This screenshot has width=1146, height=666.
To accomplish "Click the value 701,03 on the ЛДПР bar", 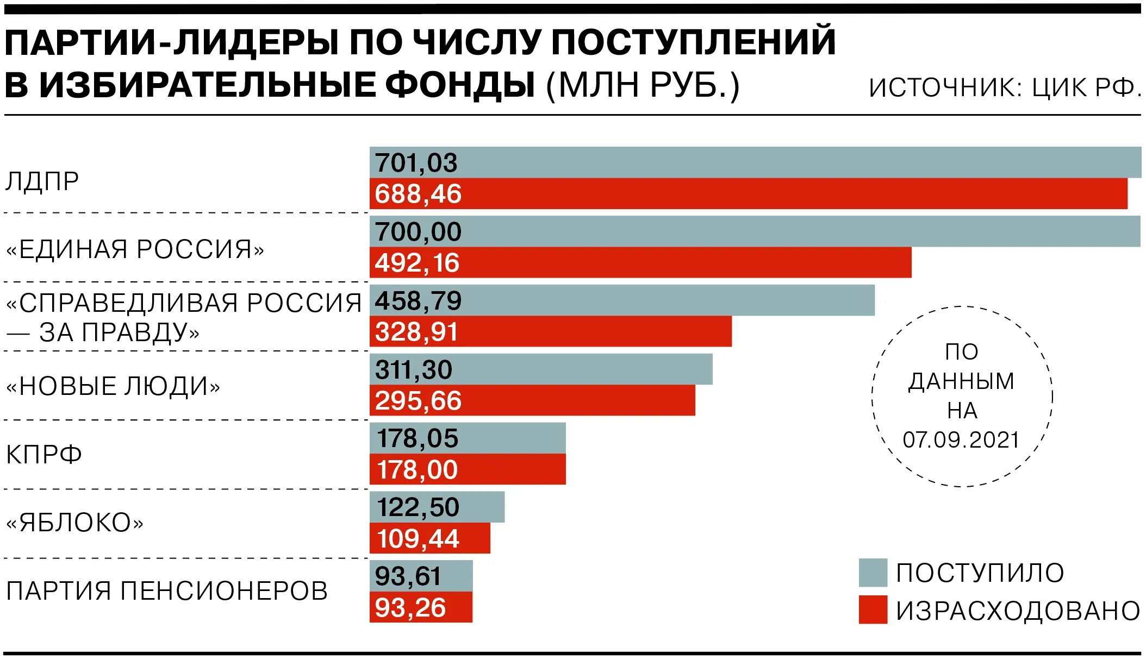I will pyautogui.click(x=416, y=163).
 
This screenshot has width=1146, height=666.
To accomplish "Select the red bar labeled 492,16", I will pyautogui.click(x=640, y=263).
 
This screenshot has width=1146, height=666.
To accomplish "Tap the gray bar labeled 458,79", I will pyautogui.click(x=622, y=300).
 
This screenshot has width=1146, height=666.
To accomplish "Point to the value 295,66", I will pyautogui.click(x=418, y=401).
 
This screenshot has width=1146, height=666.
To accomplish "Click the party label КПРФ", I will pyautogui.click(x=44, y=454).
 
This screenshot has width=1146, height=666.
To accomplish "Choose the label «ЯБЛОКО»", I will pyautogui.click(x=74, y=523).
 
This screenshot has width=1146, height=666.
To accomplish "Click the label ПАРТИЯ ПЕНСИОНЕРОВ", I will pyautogui.click(x=167, y=591).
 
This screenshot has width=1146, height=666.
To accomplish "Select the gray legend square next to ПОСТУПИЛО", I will pyautogui.click(x=873, y=573).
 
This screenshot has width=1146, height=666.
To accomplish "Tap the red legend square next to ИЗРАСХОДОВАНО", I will pyautogui.click(x=873, y=610).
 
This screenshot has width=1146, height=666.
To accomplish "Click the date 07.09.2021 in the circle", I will pyautogui.click(x=961, y=440).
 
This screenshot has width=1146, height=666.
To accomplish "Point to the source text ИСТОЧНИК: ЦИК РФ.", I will pyautogui.click(x=1005, y=87).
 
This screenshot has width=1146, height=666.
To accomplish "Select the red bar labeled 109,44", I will pyautogui.click(x=429, y=538).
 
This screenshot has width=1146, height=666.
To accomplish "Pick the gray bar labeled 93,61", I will pyautogui.click(x=421, y=576).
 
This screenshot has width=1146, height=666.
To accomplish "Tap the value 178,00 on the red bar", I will pyautogui.click(x=417, y=470).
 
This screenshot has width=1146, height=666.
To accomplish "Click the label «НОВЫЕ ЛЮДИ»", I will pyautogui.click(x=113, y=386).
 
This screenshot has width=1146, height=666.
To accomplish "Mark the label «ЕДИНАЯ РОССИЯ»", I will pyautogui.click(x=135, y=249).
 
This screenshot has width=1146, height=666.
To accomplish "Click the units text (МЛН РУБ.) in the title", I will pyautogui.click(x=643, y=85).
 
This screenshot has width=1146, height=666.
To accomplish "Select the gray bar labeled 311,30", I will pyautogui.click(x=541, y=369).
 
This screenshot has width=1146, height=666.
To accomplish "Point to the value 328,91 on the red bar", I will pyautogui.click(x=416, y=332).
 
